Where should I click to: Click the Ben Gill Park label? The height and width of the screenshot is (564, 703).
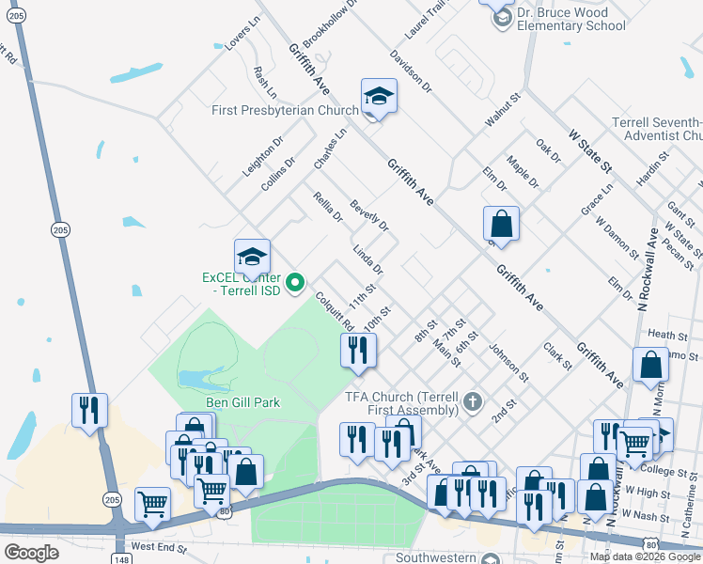pos(242,402)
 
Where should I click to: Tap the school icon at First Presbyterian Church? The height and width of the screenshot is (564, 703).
pos(379,96)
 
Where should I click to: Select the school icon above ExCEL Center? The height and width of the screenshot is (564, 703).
pos(252,257)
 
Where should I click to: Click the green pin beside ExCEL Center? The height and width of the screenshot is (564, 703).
pos(296,281)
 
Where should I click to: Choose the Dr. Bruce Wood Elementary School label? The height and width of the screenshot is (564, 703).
pos(572,20)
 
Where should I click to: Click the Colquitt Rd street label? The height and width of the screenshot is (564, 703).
pos(335,311)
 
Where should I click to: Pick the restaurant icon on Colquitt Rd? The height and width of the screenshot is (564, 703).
pos(358,351)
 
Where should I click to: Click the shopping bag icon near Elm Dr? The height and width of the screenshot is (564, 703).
pos(502,225)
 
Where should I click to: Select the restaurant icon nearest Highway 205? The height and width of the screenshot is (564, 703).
pos(89,410)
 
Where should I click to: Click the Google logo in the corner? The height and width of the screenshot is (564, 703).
pos(31,553)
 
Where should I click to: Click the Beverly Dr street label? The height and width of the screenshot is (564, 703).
pos(369,215)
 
